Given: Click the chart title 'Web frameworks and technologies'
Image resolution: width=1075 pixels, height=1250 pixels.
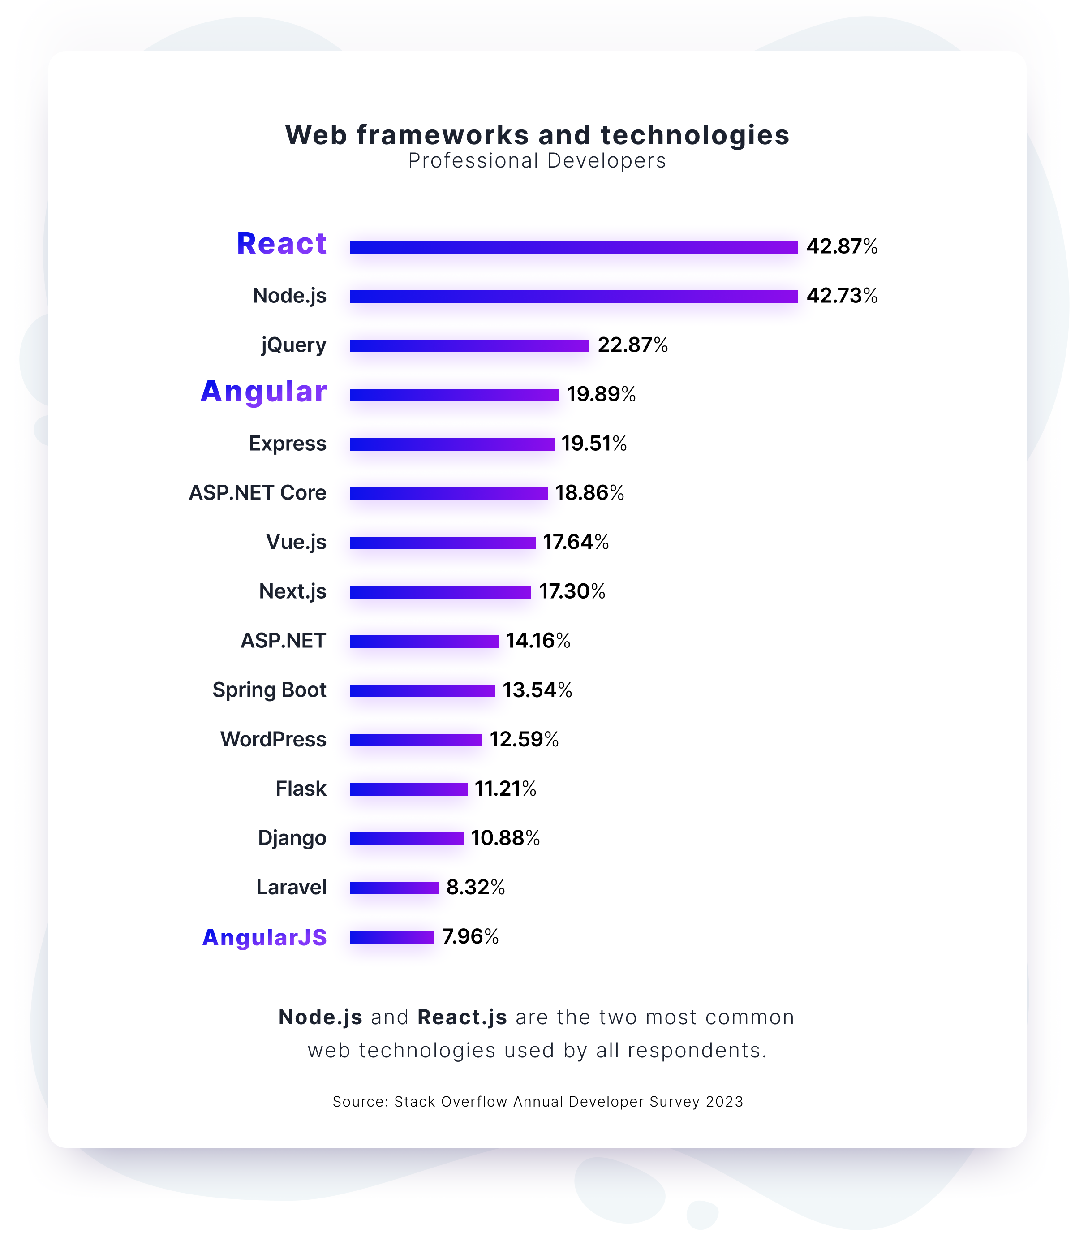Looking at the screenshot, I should (537, 134).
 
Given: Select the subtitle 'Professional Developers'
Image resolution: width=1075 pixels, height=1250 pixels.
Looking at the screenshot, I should (537, 161).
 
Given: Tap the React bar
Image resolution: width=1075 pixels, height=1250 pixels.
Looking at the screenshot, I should (573, 247).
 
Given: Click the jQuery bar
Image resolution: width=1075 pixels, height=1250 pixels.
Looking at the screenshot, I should (469, 346).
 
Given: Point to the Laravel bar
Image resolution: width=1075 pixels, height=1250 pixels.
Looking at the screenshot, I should (394, 888).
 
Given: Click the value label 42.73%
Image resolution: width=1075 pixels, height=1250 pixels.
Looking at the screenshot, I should (842, 296).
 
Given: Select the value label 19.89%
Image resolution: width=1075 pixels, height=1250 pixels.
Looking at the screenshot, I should (601, 395).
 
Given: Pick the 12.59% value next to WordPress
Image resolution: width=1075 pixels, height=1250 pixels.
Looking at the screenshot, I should (524, 740).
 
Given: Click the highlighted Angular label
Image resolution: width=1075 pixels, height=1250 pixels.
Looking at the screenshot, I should (264, 392).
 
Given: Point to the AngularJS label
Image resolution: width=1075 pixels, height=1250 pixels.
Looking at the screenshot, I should (264, 937).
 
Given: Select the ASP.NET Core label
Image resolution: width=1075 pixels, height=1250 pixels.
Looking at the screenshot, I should (258, 493).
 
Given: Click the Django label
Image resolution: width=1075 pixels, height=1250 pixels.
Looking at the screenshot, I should (292, 838).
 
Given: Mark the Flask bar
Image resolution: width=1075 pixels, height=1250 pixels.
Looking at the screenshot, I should (408, 789).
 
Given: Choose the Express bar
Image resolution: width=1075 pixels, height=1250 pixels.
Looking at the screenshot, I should (452, 444).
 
